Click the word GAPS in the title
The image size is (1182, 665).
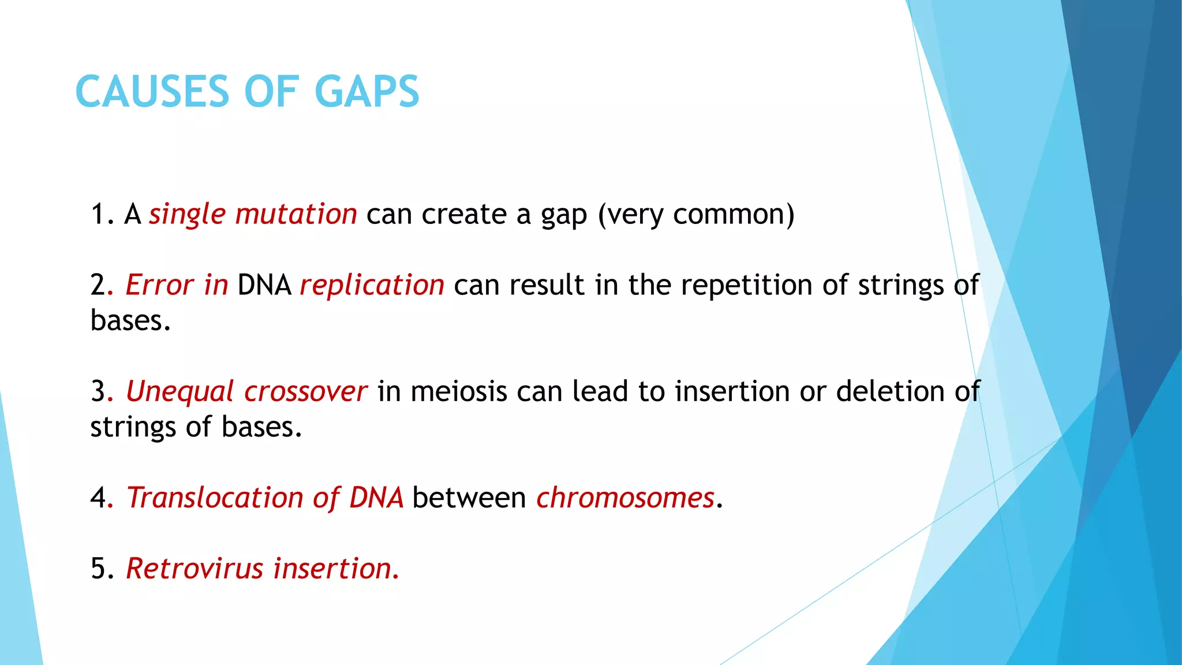367,92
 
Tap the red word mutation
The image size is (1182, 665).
295,214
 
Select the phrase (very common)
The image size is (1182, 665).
696,215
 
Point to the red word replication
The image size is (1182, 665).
372,285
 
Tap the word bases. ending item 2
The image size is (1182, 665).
130,320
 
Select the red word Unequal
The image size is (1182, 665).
179,392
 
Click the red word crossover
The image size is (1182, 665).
305,391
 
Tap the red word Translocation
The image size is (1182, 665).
215,498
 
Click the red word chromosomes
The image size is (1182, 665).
625,498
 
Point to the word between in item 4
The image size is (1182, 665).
469,498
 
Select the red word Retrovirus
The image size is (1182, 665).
194,569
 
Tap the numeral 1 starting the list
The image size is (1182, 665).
98,214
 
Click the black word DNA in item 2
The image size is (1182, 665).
264,285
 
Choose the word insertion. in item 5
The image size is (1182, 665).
336,569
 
